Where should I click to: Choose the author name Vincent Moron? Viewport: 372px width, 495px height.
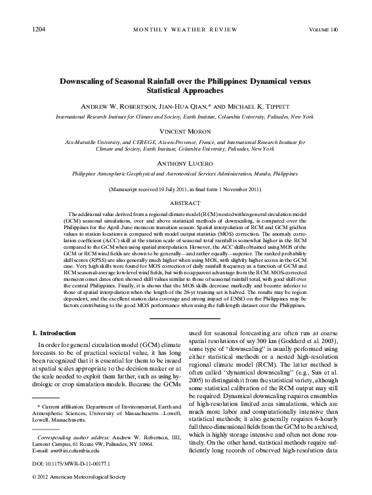(x=186, y=131)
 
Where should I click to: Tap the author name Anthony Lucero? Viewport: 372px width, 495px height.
(x=186, y=163)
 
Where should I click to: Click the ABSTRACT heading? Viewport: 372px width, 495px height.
(x=186, y=203)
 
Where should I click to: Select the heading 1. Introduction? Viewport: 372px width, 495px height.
(x=58, y=333)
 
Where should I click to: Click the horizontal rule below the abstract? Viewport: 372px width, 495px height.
(x=186, y=318)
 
